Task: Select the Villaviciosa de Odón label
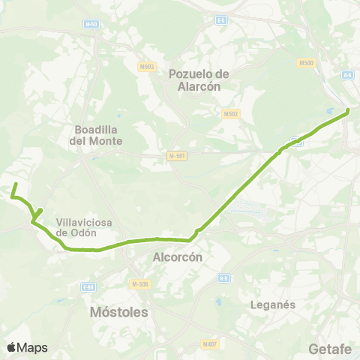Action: tap(77, 227)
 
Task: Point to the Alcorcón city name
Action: tap(178, 256)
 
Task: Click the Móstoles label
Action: tap(118, 310)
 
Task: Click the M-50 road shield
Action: tap(91, 24)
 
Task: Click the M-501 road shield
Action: tap(176, 156)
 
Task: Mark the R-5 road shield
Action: tap(223, 278)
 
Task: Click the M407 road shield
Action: tap(209, 344)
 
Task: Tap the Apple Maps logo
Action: tap(28, 347)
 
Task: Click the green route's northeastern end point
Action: tap(348, 111)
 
